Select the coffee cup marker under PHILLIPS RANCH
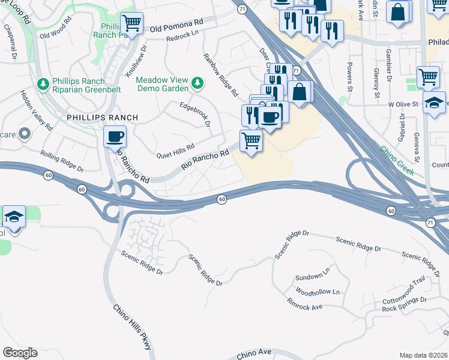click(115, 137)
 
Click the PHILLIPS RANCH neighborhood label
click(103, 117)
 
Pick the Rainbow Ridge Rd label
click(221, 76)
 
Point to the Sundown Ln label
click(312, 277)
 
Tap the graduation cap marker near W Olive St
click(434, 103)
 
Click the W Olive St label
click(403, 104)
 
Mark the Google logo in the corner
click(20, 353)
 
